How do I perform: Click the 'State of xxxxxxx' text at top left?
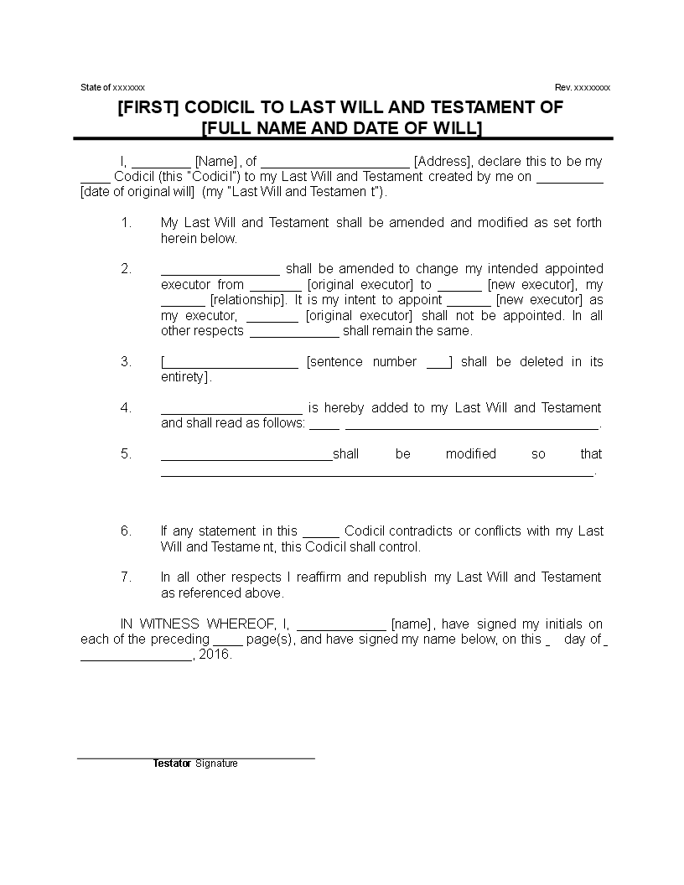click(x=112, y=87)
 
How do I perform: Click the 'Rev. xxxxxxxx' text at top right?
click(x=583, y=87)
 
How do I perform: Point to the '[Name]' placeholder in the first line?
click(x=215, y=161)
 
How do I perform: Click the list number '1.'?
click(x=127, y=222)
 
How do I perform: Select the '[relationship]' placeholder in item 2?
click(x=247, y=299)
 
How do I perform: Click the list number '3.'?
click(x=127, y=361)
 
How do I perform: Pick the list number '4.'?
click(x=127, y=407)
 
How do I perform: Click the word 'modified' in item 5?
click(x=471, y=453)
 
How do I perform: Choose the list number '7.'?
click(x=127, y=577)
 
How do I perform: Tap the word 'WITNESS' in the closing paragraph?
click(x=169, y=624)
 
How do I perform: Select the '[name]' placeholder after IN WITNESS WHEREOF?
click(x=412, y=624)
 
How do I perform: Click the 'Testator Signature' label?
click(x=195, y=763)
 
